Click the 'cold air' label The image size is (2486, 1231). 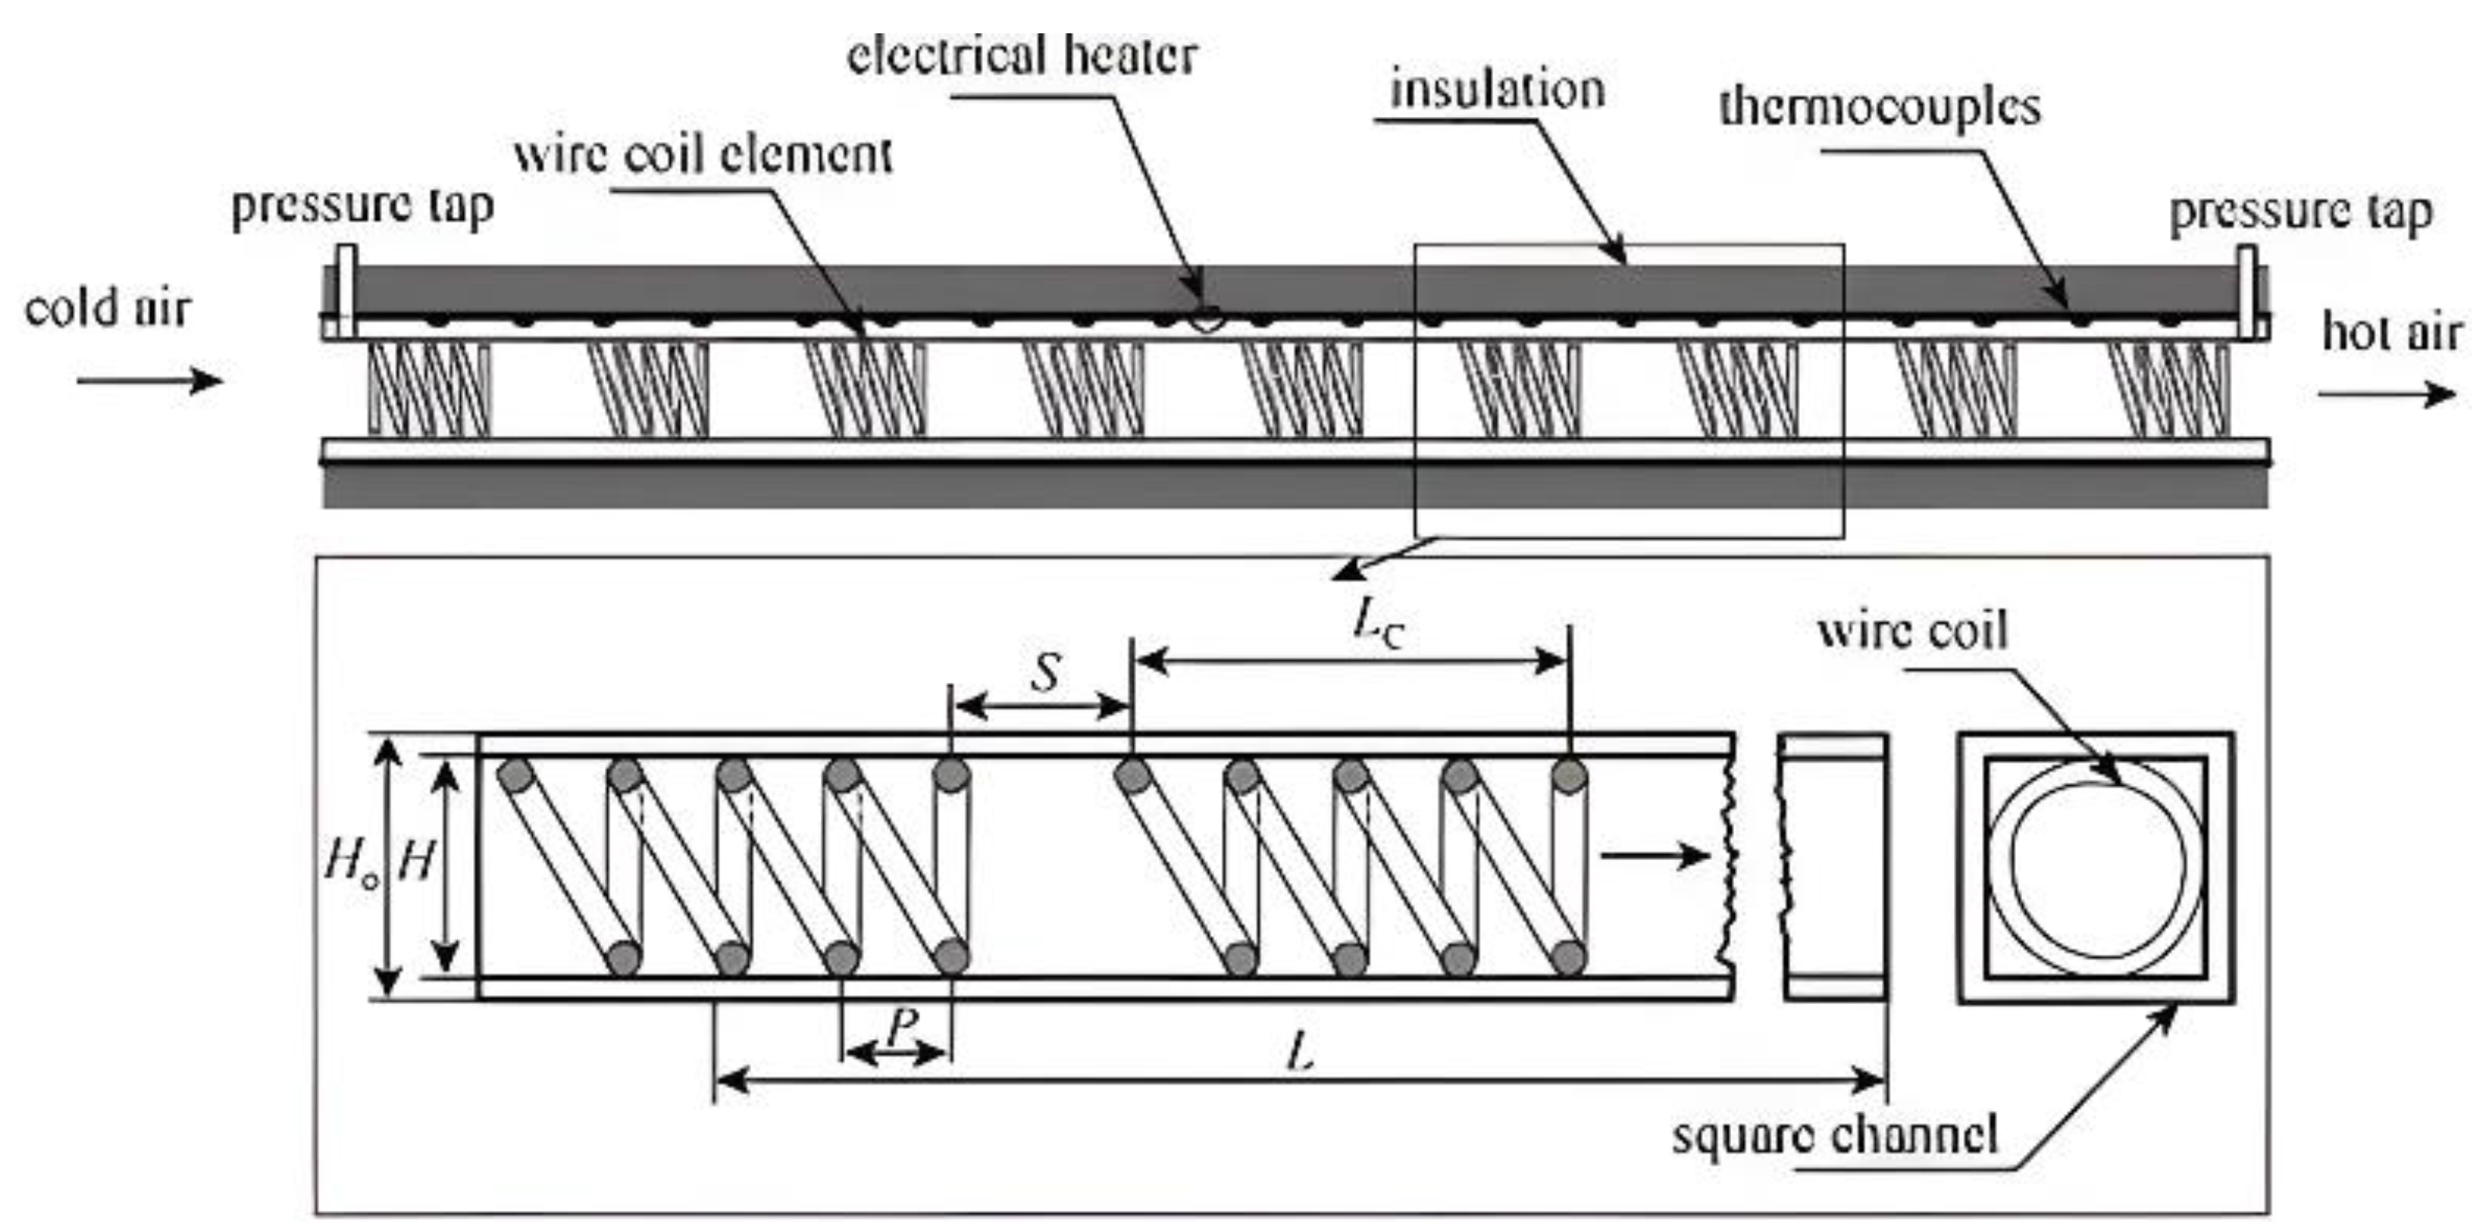(108, 309)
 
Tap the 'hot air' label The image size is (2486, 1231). (2392, 333)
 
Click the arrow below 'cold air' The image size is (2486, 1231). (149, 380)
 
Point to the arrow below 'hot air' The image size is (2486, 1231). (2385, 393)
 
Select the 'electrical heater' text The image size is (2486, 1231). (1023, 55)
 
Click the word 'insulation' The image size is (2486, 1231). (1497, 90)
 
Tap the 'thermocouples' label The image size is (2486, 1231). (1879, 106)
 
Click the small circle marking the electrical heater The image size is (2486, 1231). (1204, 318)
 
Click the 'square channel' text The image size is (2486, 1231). (1834, 1136)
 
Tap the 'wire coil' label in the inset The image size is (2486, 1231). (1911, 632)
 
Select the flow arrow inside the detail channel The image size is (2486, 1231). (1654, 855)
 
